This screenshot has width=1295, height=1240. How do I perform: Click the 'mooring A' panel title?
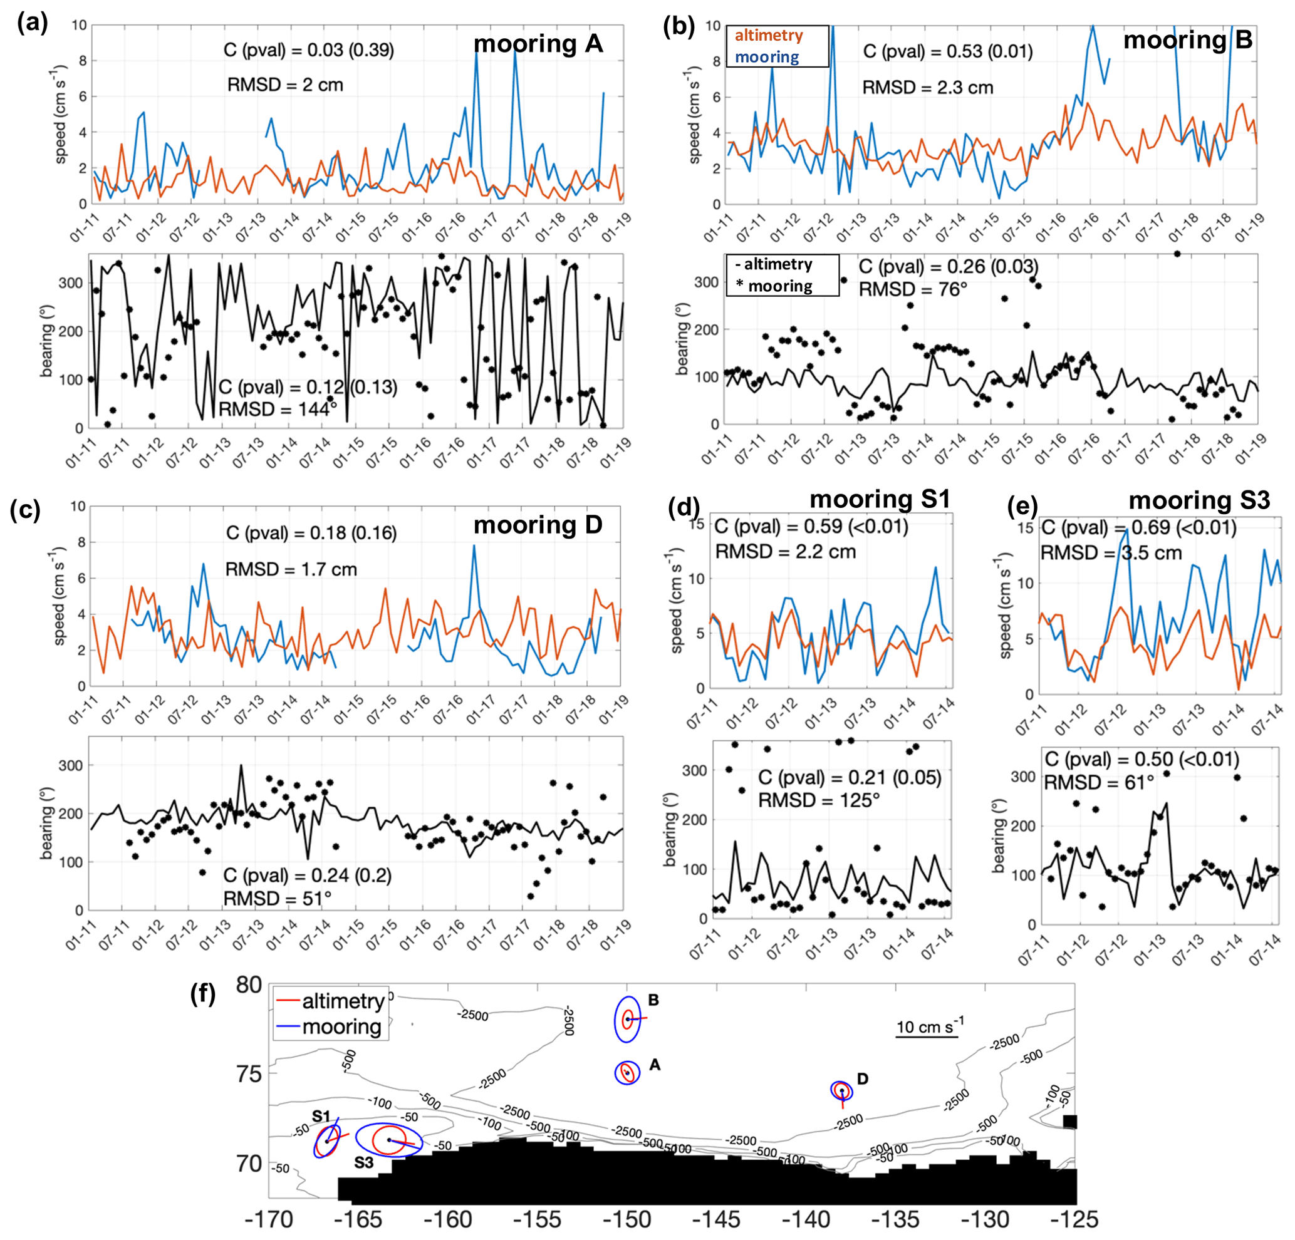coord(538,44)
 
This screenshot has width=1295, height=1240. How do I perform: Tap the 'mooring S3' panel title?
coord(1199,500)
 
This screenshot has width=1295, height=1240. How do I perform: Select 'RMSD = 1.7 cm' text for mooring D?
coord(291,569)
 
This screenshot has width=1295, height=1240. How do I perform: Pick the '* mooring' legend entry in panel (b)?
coord(774,286)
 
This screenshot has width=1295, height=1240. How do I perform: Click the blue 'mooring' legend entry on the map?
coord(341,1028)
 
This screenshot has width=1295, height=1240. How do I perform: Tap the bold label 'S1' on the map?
coord(321,1116)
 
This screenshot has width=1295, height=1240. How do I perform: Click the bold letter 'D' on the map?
coord(862,1079)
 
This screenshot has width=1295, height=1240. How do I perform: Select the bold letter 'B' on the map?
coord(653,1000)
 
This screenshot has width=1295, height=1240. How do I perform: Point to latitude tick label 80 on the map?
coord(249,985)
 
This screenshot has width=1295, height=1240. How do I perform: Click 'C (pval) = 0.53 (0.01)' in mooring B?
coord(947,51)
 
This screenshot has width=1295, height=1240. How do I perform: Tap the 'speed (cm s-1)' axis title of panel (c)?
coord(60,596)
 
